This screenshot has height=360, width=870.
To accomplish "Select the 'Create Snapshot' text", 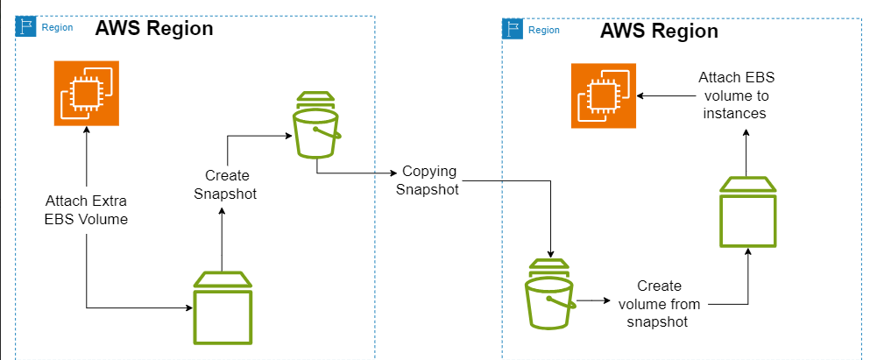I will tap(224, 185).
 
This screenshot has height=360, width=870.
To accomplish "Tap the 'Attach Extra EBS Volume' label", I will tap(87, 211).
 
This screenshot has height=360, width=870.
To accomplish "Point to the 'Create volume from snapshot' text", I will tap(660, 303).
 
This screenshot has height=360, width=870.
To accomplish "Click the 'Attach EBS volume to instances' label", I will tap(736, 95).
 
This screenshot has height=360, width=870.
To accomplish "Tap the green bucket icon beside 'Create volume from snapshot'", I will tap(549, 296).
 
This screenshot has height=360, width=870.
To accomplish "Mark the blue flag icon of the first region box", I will tap(27, 27).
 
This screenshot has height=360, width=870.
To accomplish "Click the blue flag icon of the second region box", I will tap(513, 30).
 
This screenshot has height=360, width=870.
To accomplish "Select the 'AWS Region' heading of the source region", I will tap(154, 28).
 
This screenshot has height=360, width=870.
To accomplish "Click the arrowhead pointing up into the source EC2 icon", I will tap(86, 129).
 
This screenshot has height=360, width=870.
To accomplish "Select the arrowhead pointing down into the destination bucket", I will tap(549, 251).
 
